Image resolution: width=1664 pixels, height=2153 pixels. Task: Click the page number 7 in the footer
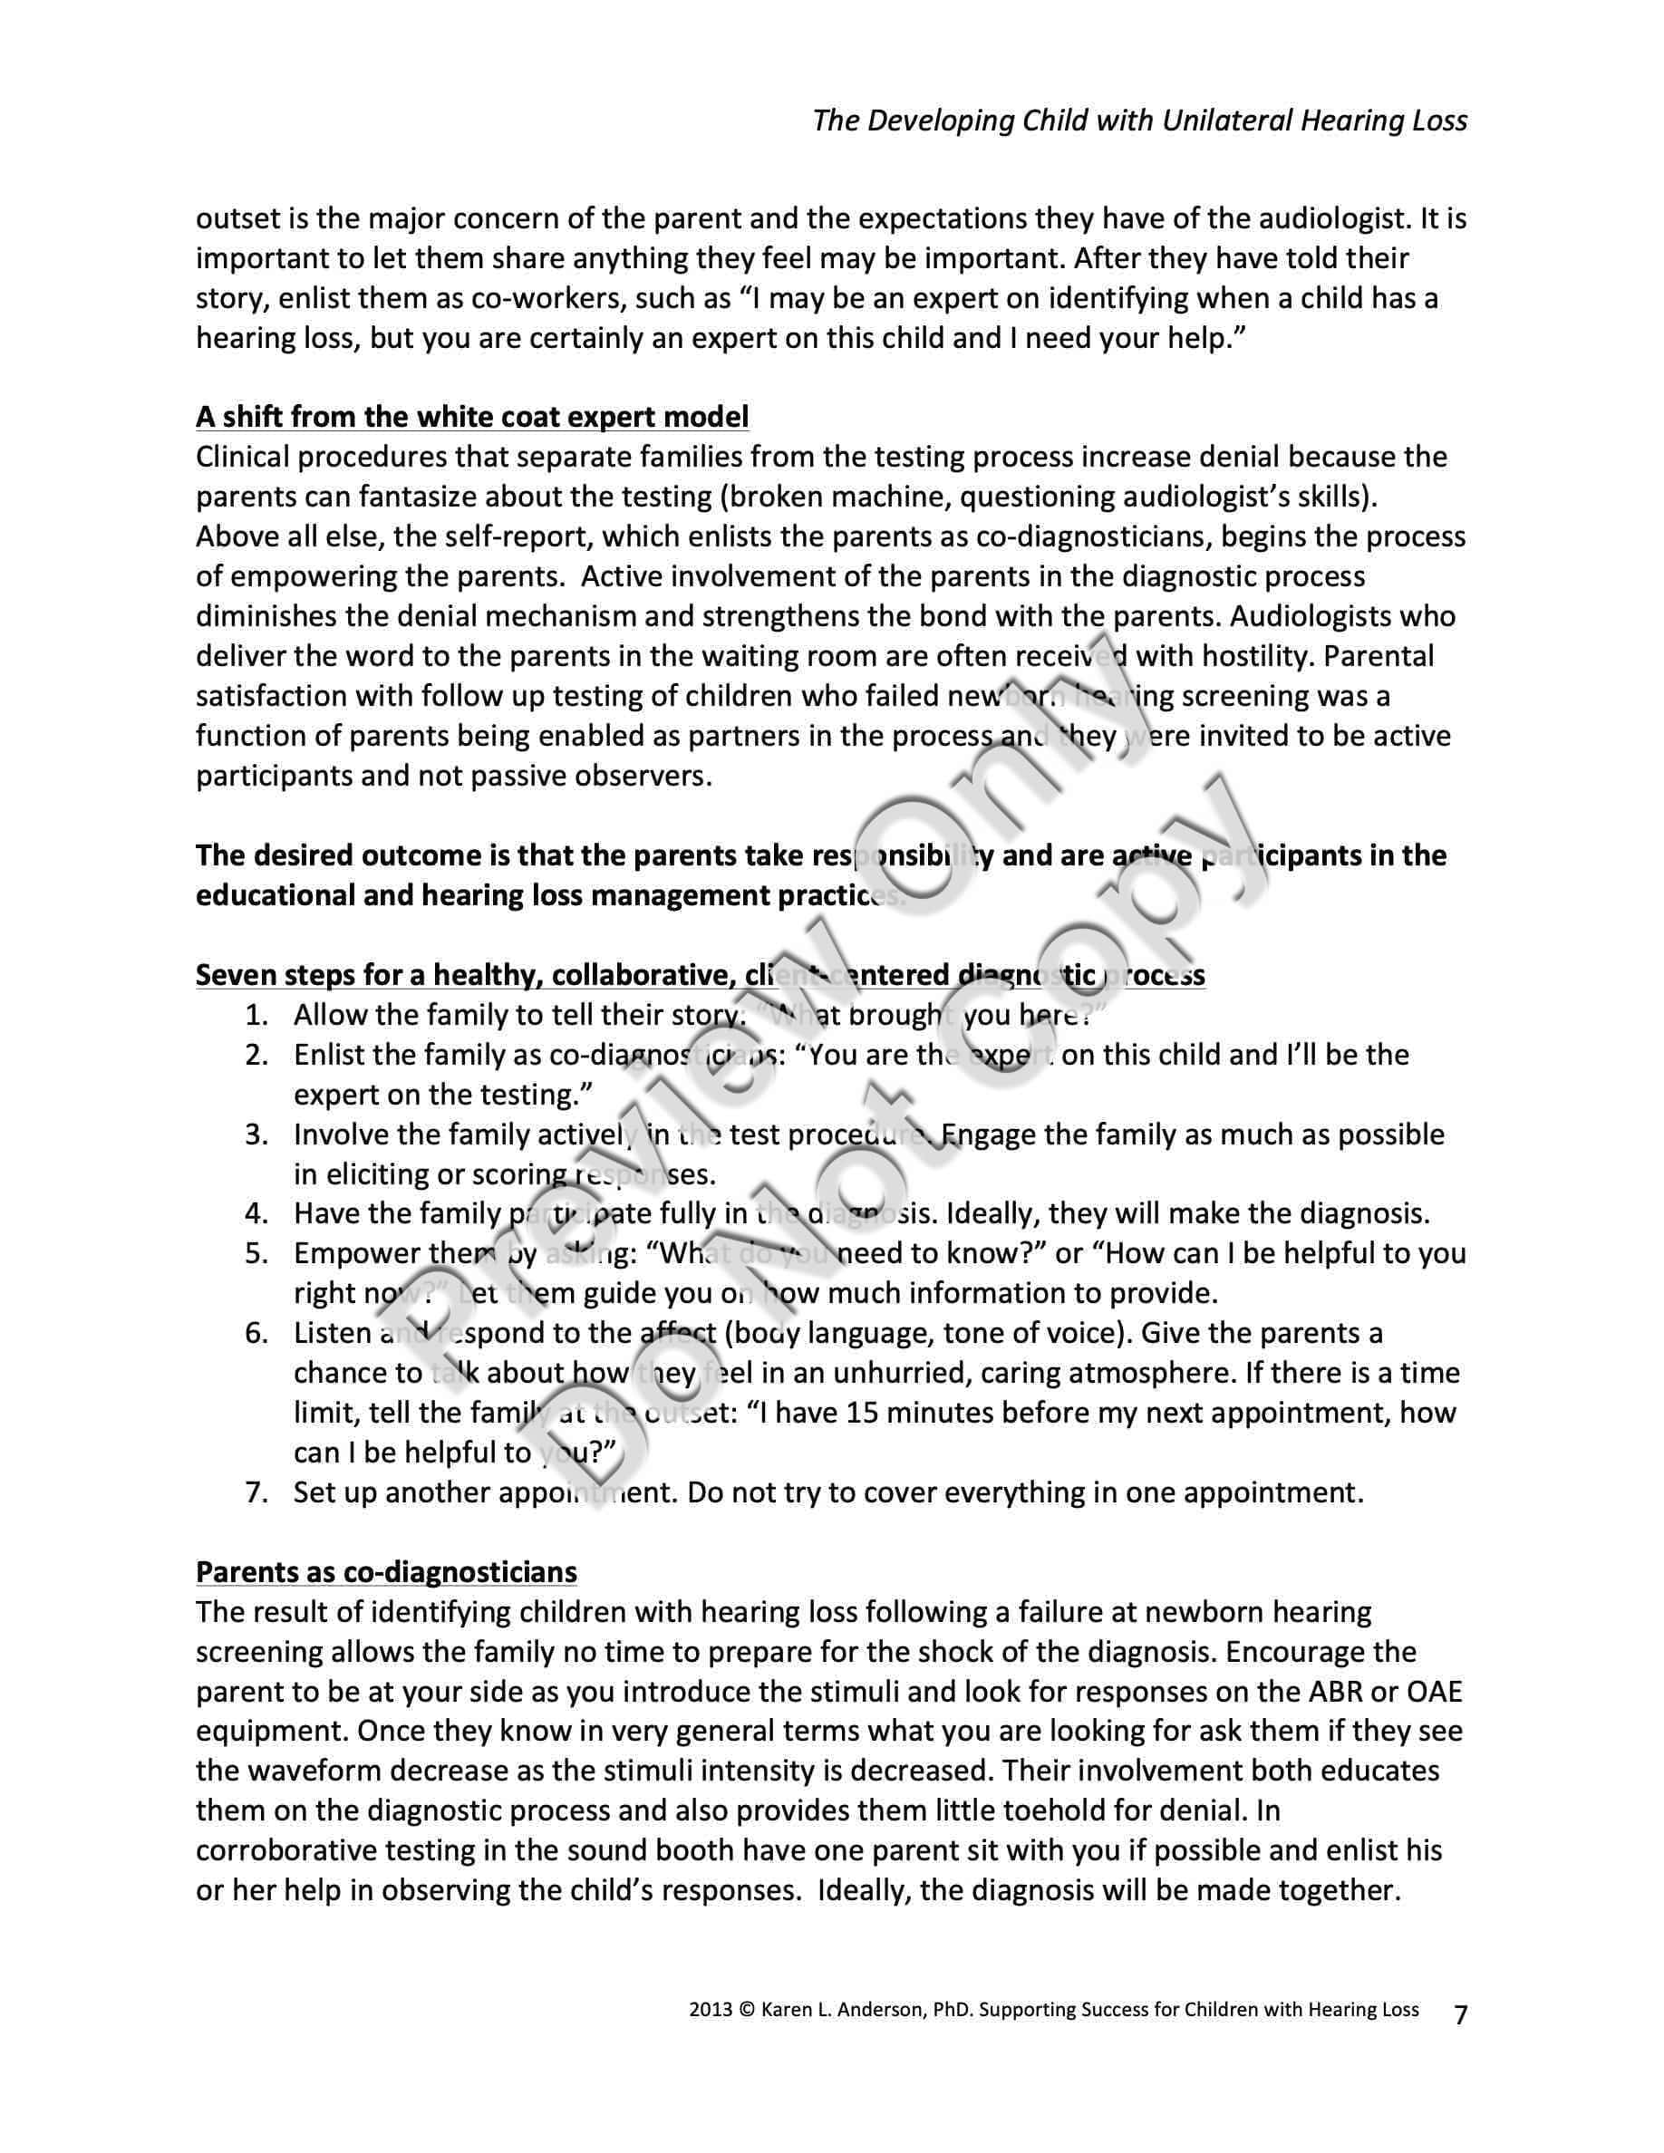click(x=1460, y=2015)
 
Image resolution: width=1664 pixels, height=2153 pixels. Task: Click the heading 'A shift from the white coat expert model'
click(x=472, y=417)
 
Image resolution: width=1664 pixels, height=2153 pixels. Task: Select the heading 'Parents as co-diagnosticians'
click(x=386, y=1571)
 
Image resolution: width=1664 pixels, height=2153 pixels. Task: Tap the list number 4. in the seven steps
click(x=256, y=1213)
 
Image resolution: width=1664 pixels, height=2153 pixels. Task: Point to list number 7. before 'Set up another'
click(x=256, y=1492)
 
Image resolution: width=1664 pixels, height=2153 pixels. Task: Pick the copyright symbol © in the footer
click(x=745, y=2010)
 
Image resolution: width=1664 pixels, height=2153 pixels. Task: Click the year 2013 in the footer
click(x=710, y=2010)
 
